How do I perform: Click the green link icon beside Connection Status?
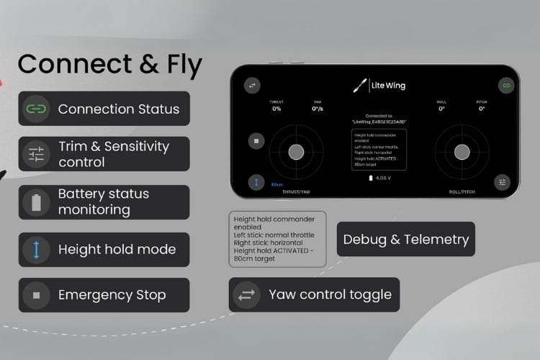36,109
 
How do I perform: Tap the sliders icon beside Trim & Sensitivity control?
36,154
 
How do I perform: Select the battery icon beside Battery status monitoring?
36,202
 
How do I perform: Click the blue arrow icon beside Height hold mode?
36,250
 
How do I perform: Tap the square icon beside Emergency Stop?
36,294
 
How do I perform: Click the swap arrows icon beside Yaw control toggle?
247,294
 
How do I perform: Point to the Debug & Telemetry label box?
405,240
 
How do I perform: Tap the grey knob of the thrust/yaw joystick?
296,151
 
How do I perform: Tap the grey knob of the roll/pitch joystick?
461,151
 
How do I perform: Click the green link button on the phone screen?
506,86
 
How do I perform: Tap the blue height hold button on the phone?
256,183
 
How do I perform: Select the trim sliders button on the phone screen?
502,183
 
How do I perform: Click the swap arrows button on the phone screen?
253,86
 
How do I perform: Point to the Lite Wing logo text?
388,86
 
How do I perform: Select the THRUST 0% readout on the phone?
276,106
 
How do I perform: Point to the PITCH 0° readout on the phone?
482,106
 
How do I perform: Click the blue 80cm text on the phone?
277,184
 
